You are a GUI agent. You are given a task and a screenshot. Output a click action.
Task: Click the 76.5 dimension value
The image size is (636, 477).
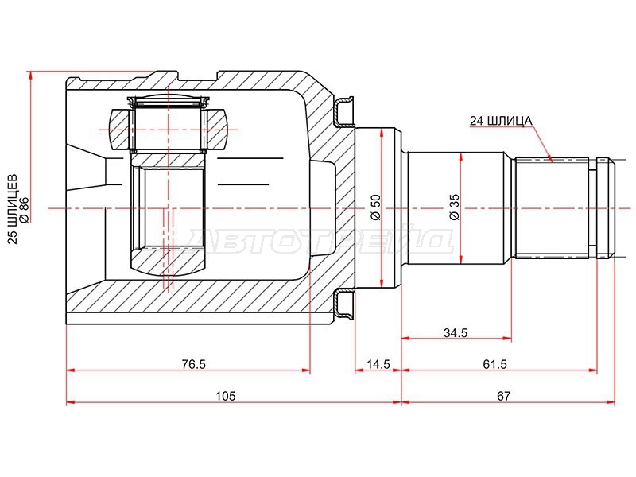point(194,364)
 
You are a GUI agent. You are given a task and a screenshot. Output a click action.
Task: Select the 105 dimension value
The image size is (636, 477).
point(226,395)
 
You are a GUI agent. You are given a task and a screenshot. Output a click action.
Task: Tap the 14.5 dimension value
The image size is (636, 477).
point(378,364)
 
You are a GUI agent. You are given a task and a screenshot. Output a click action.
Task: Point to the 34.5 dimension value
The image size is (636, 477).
point(456,332)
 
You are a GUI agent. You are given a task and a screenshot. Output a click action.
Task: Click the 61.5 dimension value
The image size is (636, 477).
point(494,364)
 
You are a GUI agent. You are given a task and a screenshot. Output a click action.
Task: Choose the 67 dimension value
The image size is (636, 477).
point(503,395)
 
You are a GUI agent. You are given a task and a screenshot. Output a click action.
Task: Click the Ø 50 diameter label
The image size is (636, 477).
point(375,207)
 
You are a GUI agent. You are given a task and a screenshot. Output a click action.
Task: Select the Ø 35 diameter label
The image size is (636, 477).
point(455,207)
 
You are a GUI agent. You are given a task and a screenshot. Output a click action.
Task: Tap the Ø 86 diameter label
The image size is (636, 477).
point(24,210)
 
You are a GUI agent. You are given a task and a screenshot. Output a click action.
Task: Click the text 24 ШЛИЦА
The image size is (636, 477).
point(501,121)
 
